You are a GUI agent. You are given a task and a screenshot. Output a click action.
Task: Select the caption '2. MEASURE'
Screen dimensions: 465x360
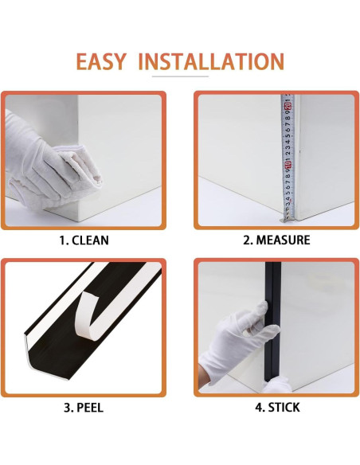(x=276, y=240)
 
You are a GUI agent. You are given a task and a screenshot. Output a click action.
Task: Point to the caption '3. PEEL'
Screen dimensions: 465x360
(x=82, y=408)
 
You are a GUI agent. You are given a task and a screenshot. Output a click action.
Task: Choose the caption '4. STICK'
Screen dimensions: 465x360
(x=276, y=408)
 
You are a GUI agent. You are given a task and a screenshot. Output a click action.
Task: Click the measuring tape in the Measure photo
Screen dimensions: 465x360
(x=288, y=151)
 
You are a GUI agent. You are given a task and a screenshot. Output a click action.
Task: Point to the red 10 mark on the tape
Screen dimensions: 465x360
(x=288, y=166)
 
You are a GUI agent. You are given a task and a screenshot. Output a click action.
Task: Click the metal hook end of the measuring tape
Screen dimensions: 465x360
(x=288, y=217)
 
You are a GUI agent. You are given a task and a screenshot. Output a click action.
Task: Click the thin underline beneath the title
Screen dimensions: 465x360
(x=180, y=77)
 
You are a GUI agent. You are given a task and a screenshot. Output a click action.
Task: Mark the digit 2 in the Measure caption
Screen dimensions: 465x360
(x=247, y=240)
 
